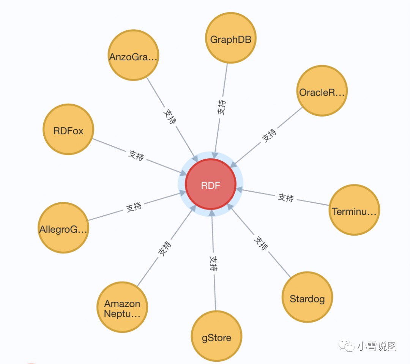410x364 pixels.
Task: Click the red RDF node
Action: [211, 184]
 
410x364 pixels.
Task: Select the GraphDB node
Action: [231, 38]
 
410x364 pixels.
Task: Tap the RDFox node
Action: [68, 130]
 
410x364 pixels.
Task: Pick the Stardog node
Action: [307, 298]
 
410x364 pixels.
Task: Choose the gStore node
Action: [216, 337]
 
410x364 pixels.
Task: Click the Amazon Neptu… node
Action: [122, 307]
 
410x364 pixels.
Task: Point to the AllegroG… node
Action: [63, 228]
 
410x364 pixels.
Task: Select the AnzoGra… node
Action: [133, 56]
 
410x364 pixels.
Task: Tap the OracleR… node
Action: [322, 91]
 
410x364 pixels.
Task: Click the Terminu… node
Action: [354, 210]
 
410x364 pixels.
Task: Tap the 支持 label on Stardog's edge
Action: [260, 243]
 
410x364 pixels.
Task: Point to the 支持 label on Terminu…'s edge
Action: [286, 197]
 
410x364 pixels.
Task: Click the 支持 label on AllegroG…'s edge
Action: [134, 207]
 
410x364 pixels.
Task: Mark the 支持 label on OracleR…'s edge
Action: [269, 135]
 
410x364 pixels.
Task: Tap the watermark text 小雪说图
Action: [377, 346]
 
